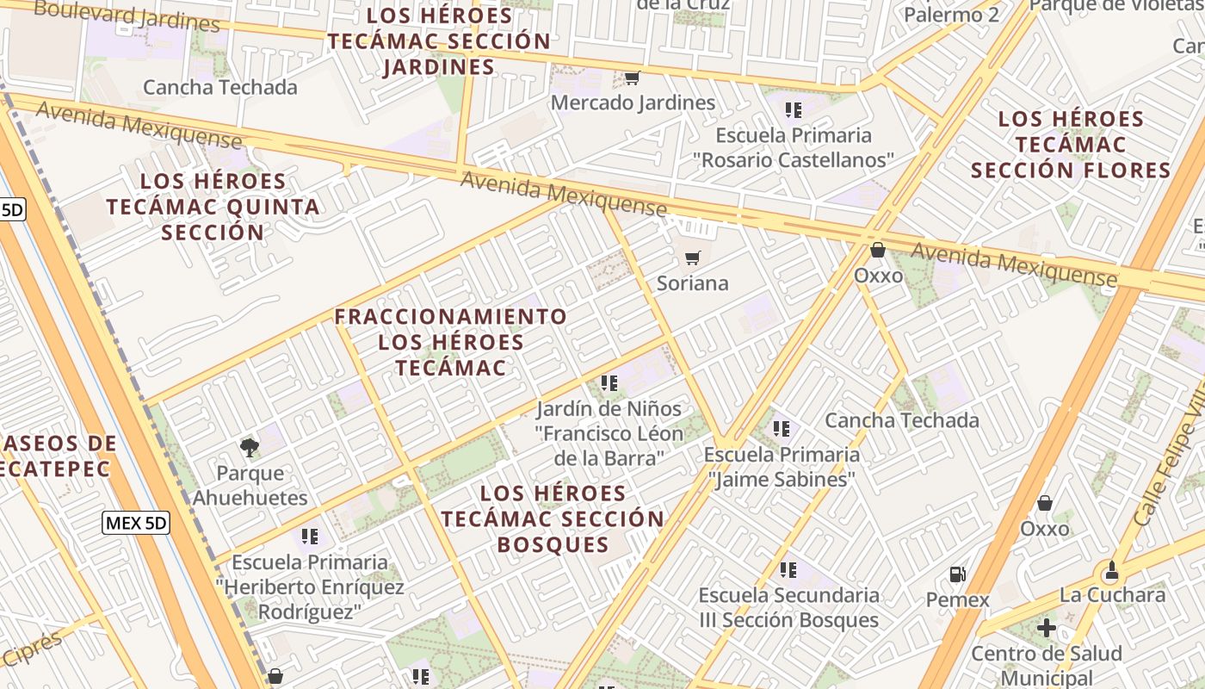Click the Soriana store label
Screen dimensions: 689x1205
692,283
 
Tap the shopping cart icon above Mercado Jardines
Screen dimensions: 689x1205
632,78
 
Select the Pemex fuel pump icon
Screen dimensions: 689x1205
957,574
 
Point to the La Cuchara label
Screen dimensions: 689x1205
1112,595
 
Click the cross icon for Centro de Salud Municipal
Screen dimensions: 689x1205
1047,628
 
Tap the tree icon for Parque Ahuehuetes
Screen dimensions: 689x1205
250,448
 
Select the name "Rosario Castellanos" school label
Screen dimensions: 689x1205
794,160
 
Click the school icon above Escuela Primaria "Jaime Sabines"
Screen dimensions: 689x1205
782,428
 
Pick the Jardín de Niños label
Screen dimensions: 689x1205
609,408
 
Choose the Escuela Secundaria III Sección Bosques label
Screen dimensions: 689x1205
788,607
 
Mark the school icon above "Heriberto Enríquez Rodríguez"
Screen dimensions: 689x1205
310,537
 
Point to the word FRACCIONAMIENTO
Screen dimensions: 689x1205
451,317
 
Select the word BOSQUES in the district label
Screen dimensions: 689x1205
553,544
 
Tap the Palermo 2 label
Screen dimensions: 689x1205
951,15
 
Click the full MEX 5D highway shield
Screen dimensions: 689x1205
136,523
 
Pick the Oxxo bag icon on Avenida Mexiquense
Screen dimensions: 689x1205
878,251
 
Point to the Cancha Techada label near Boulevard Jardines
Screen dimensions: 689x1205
220,87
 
